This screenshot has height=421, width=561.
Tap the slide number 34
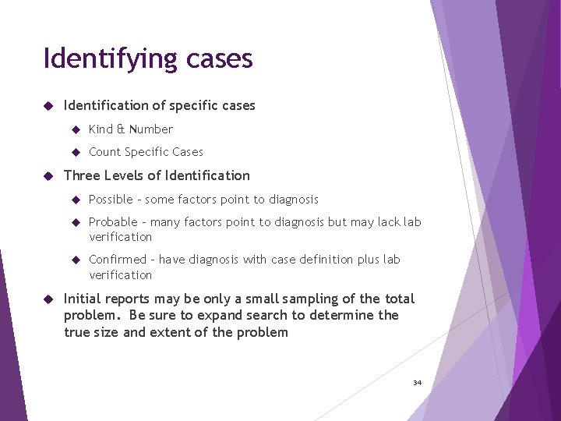click(417, 383)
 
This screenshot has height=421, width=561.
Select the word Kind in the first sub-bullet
click(101, 129)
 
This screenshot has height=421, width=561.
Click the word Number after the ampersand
click(150, 129)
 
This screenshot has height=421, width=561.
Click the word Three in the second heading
click(81, 175)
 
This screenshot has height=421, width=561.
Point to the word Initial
click(81, 299)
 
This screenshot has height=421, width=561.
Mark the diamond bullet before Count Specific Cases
click(76, 152)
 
